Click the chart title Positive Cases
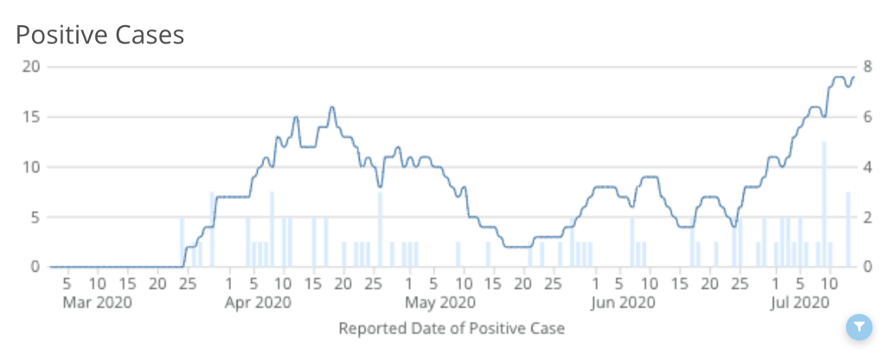[x=100, y=35]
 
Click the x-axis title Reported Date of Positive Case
[x=452, y=328]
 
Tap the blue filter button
[x=858, y=326]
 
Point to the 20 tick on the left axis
[x=31, y=67]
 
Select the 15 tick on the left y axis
[x=31, y=117]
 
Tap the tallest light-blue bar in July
[x=824, y=204]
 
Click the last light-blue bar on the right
[x=849, y=229]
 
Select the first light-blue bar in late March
[x=182, y=241]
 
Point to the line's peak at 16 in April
[x=331, y=107]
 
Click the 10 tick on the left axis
[x=31, y=167]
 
